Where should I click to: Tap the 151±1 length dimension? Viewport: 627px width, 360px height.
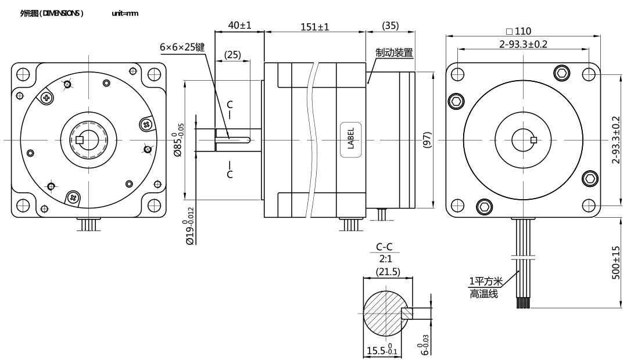(x=315, y=27)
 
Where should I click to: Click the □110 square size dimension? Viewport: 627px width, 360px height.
(x=518, y=31)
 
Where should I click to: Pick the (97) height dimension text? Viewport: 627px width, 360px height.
(x=427, y=139)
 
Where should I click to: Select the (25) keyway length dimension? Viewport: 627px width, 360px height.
(x=232, y=55)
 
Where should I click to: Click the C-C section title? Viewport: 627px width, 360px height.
(x=384, y=248)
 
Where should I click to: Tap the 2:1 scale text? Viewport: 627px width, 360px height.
(x=385, y=260)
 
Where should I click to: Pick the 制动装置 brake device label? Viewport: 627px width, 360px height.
(x=394, y=53)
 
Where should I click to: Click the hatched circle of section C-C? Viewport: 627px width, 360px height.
(x=383, y=313)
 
